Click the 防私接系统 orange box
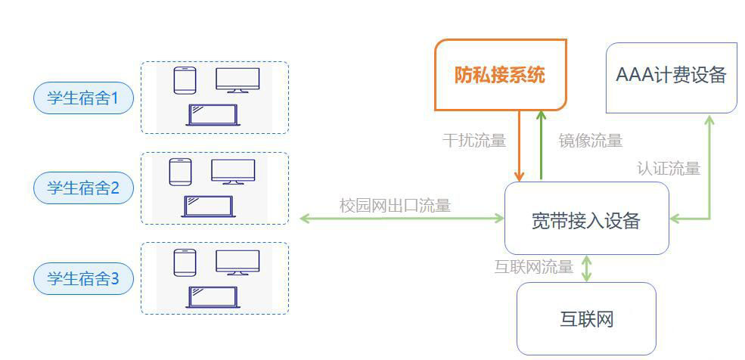[x=500, y=75]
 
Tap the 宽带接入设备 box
[x=586, y=219]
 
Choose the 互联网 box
[x=585, y=318]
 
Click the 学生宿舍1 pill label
[x=83, y=98]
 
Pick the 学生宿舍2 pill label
[x=83, y=188]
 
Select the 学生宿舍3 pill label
[x=83, y=279]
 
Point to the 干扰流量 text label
[x=473, y=141]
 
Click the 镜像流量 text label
[x=591, y=141]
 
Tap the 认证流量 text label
[x=669, y=168]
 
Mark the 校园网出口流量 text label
[x=395, y=205]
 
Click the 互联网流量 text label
[x=534, y=267]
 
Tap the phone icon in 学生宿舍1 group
[x=185, y=80]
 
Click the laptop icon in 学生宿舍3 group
[x=213, y=296]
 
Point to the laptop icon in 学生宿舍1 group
[x=213, y=115]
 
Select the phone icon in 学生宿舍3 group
[x=185, y=262]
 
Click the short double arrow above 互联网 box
[x=585, y=268]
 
